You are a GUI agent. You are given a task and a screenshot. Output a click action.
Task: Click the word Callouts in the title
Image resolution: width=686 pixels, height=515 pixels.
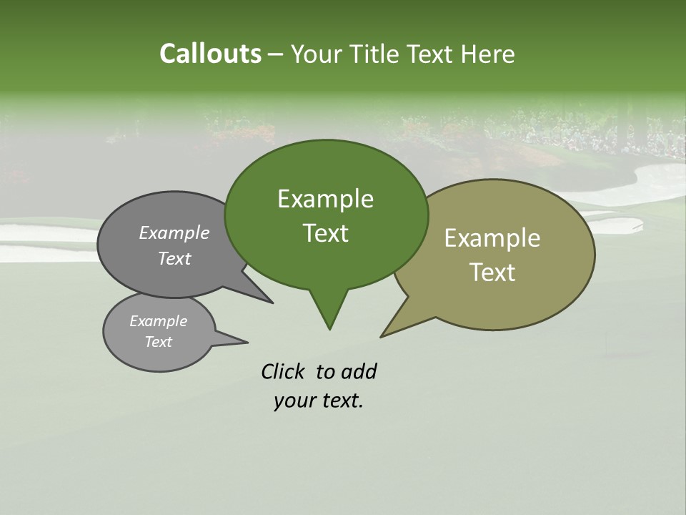tap(210, 54)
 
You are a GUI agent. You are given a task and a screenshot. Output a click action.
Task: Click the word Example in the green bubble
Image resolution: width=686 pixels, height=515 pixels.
tap(325, 199)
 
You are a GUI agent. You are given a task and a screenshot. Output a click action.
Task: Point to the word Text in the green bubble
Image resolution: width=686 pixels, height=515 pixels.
tap(325, 233)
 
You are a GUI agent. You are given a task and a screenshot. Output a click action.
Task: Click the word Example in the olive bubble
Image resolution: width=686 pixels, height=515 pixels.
tap(492, 238)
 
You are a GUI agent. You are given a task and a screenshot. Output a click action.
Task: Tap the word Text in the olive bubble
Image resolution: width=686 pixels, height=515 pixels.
tap(492, 273)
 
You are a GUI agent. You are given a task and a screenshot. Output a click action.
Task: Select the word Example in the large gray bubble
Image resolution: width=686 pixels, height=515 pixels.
tap(174, 232)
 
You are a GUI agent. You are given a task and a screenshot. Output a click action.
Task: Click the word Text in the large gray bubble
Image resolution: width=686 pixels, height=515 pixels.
tap(174, 258)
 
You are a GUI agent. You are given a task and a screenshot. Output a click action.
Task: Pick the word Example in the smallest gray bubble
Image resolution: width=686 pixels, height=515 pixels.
tap(158, 321)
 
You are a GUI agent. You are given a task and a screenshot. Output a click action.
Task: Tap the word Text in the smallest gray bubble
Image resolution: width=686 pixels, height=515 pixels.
tap(158, 342)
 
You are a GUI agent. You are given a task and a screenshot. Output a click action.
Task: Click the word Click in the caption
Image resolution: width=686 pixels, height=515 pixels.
tap(282, 371)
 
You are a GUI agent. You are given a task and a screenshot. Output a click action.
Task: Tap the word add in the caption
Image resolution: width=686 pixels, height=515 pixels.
tap(359, 371)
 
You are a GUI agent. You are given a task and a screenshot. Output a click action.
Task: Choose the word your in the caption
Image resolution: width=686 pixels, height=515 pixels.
tap(294, 401)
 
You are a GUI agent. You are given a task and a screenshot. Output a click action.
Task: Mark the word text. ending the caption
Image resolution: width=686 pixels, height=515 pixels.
tap(340, 401)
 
